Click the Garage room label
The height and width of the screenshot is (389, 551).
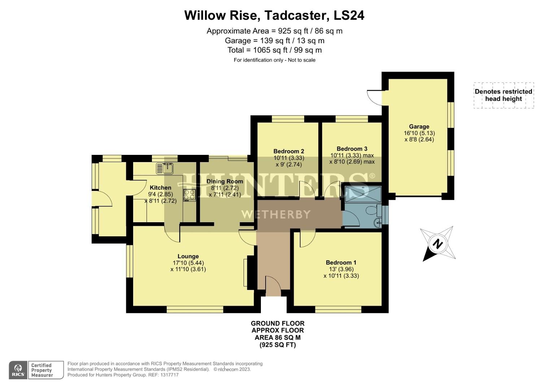pyautogui.click(x=419, y=126)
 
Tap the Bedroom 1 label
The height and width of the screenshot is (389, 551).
pyautogui.click(x=341, y=263)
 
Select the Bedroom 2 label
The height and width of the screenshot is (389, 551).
pyautogui.click(x=289, y=151)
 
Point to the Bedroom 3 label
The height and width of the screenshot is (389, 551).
pyautogui.click(x=352, y=149)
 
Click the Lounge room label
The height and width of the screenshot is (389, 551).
pyautogui.click(x=188, y=256)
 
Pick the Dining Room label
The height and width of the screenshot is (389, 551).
pyautogui.click(x=224, y=181)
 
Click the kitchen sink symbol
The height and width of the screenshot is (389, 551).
pyautogui.click(x=165, y=168)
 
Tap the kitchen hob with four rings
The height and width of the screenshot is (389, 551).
pyautogui.click(x=189, y=195)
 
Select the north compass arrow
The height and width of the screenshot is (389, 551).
pyautogui.click(x=437, y=244)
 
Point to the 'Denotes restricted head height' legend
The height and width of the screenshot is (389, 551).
pyautogui.click(x=503, y=95)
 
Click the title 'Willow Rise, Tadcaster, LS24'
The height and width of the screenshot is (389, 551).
pyautogui.click(x=274, y=15)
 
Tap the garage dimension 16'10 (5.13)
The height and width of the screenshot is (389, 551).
pyautogui.click(x=419, y=133)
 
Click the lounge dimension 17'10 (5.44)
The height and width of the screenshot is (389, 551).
pyautogui.click(x=188, y=263)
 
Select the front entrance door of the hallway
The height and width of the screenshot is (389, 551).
pyautogui.click(x=273, y=286)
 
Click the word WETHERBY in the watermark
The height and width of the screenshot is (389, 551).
pyautogui.click(x=276, y=215)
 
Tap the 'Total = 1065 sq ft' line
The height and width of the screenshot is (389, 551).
pyautogui.click(x=274, y=50)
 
